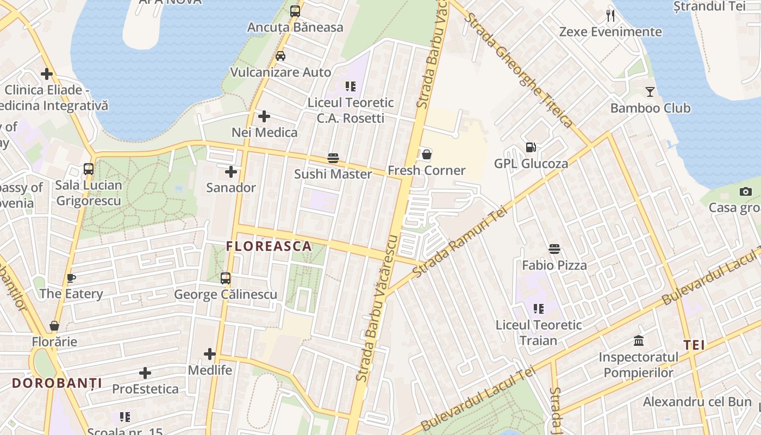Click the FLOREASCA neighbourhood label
(269, 246)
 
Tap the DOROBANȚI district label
(57, 383)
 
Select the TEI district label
(694, 345)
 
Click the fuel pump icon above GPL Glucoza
(531, 147)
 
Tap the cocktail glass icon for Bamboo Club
(650, 91)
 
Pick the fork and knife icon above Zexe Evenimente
(610, 15)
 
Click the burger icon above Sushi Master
(333, 158)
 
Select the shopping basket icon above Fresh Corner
(427, 154)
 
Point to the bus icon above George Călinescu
(226, 278)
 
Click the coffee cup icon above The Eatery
(71, 278)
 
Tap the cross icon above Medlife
(210, 355)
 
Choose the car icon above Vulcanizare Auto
(280, 56)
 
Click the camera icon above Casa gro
(745, 191)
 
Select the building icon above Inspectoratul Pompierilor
(639, 341)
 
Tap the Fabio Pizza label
(554, 265)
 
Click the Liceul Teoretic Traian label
(538, 332)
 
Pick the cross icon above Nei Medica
(264, 116)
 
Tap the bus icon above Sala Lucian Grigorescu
(89, 169)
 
